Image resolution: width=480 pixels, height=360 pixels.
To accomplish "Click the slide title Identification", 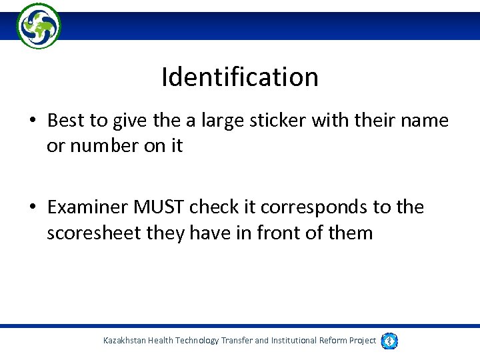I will pos(240,77).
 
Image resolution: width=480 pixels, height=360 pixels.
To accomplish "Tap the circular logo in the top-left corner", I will pos(39,25).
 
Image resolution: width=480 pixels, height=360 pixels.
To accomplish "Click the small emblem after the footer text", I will pos(390,341).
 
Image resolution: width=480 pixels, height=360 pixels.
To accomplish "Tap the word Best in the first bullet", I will pos(65,121).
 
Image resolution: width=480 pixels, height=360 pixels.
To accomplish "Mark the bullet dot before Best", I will pos(32,121).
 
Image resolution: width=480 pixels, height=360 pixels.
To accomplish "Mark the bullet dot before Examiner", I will pos(32,208).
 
